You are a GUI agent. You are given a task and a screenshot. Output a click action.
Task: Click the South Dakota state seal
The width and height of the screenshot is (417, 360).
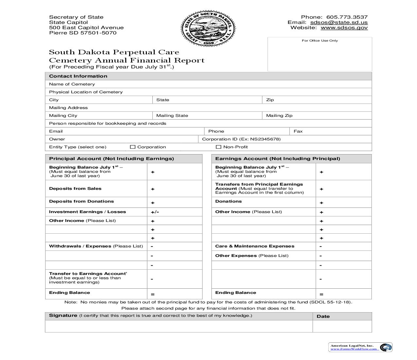[208, 29]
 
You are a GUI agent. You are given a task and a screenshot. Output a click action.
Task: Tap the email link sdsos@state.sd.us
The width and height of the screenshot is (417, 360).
[339, 22]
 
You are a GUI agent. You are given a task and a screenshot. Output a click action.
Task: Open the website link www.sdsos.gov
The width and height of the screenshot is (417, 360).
[344, 27]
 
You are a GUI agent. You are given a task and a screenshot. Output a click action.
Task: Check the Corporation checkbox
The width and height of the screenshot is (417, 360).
[132, 147]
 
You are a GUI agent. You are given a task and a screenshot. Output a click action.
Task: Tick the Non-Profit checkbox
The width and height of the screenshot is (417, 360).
[218, 147]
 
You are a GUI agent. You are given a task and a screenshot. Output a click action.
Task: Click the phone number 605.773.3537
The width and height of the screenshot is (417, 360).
[347, 17]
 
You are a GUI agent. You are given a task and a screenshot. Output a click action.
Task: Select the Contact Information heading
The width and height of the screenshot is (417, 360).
[78, 76]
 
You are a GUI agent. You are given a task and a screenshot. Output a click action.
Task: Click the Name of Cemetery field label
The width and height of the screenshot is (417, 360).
[72, 84]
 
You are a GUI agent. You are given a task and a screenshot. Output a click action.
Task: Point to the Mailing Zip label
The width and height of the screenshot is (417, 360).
[279, 116]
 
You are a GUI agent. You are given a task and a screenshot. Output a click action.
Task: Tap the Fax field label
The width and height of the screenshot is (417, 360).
[298, 131]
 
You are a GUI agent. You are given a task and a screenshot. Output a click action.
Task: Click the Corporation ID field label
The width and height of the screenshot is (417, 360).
[241, 139]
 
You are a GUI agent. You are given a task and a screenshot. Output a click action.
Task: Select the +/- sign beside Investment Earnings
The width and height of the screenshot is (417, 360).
[155, 212]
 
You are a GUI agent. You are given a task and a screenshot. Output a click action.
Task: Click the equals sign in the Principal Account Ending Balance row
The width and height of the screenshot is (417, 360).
[152, 294]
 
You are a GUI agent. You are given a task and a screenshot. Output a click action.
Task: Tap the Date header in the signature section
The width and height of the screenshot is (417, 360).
[323, 316]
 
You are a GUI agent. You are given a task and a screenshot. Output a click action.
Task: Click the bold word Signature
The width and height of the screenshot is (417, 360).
[63, 315]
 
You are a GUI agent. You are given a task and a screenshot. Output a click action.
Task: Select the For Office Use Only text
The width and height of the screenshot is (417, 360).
[320, 41]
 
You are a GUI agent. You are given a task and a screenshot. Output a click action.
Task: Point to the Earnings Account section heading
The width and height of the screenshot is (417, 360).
[277, 159]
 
